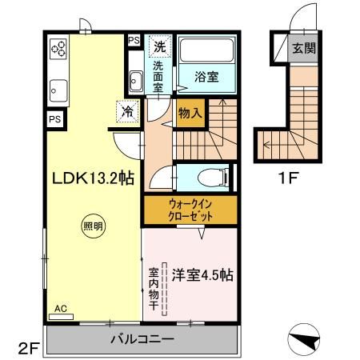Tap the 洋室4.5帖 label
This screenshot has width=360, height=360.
[202, 275]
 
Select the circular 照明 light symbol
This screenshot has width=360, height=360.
[93, 226]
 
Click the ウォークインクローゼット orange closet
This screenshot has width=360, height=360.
[190, 210]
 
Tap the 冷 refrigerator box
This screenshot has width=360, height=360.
[127, 111]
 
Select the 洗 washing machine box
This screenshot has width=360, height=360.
[161, 46]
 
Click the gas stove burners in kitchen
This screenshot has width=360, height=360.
[59, 50]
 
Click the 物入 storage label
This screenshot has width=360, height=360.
[189, 112]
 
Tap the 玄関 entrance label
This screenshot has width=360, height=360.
[303, 47]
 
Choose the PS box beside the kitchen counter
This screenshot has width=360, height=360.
[54, 119]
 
